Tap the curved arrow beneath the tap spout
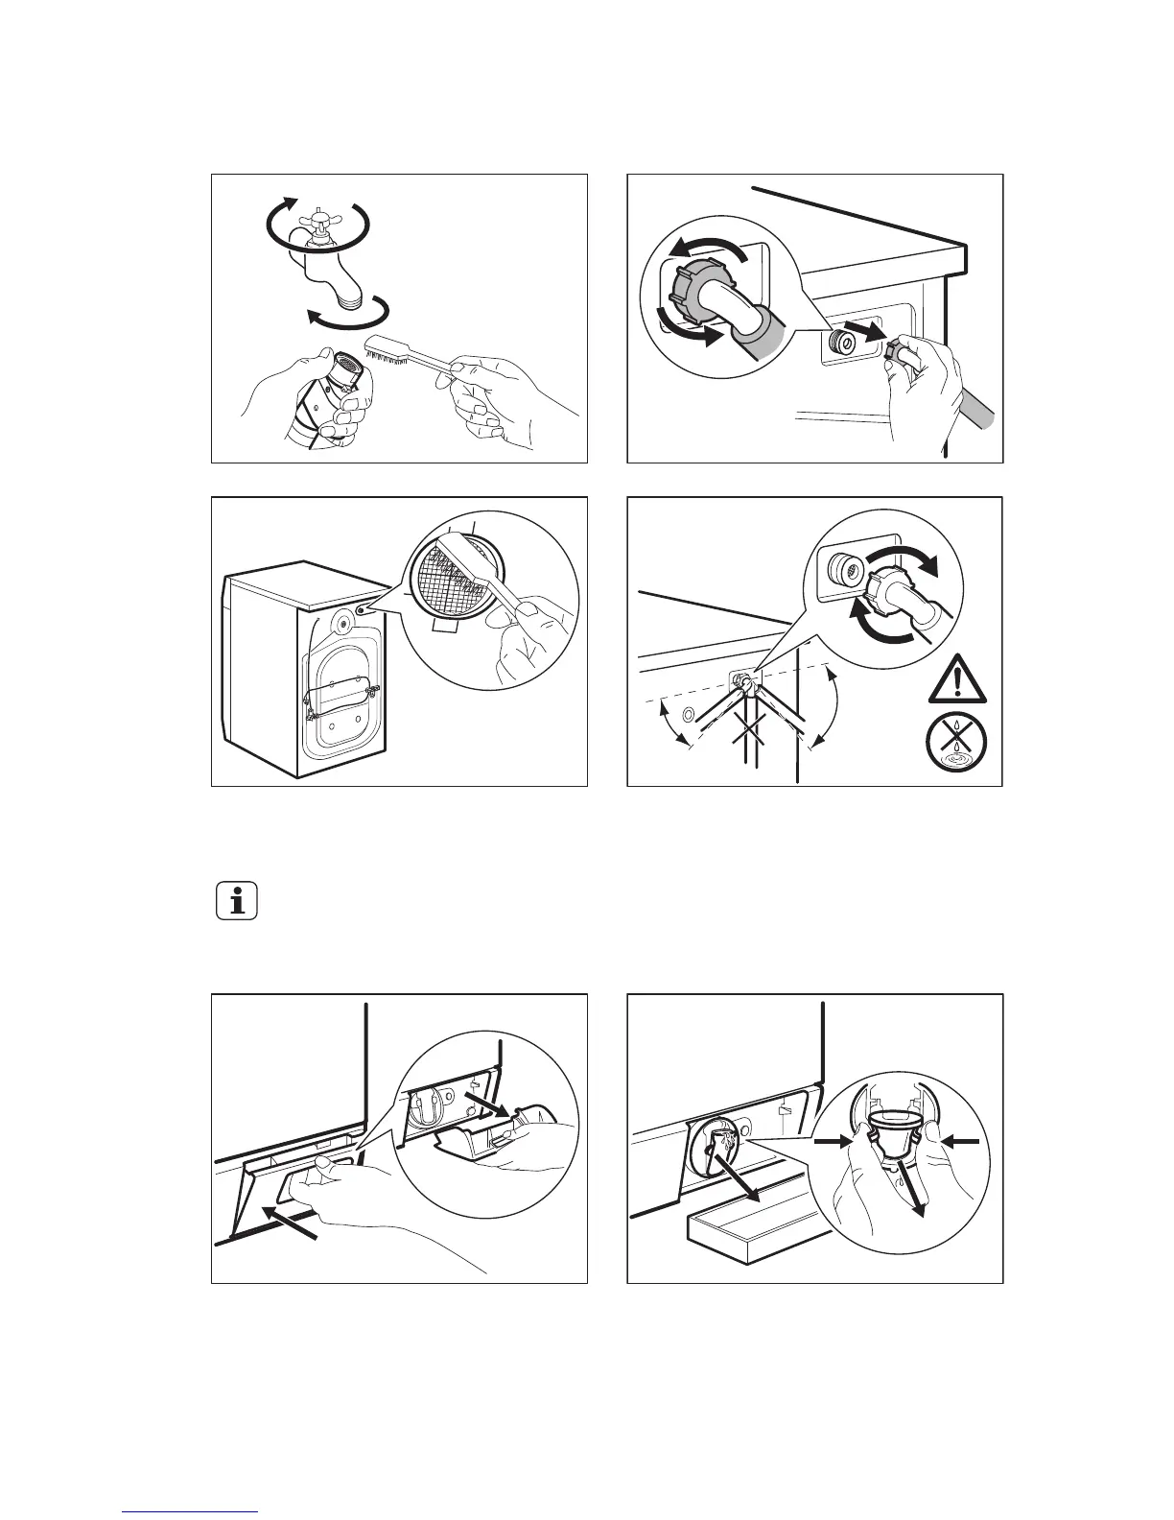coord(345,316)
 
